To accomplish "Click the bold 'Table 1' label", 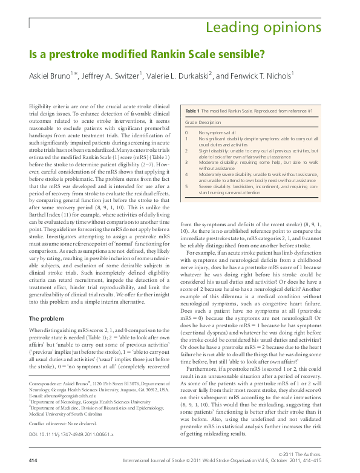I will point(191,111).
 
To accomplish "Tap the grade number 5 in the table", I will point(186,186).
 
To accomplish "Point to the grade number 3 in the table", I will point(186,162).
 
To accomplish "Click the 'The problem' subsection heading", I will point(50,318).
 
